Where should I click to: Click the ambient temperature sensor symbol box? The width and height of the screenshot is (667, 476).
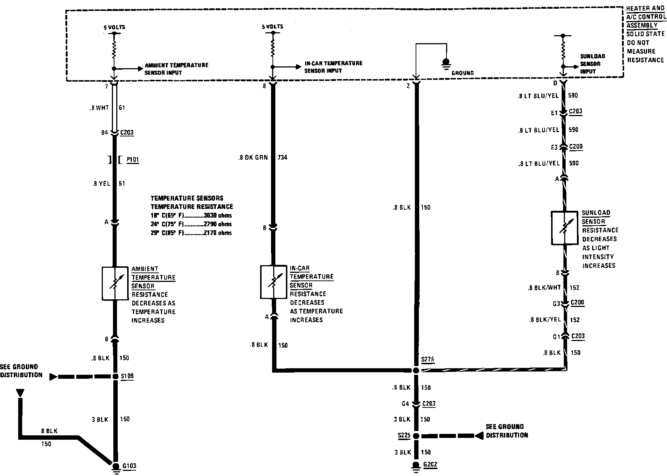pyautogui.click(x=115, y=284)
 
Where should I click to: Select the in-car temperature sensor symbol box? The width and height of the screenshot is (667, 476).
pyautogui.click(x=274, y=282)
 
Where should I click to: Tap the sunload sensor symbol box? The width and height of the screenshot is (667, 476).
pyautogui.click(x=564, y=228)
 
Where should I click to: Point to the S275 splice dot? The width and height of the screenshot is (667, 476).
pyautogui.click(x=416, y=370)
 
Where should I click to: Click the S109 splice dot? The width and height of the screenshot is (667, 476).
pyautogui.click(x=115, y=376)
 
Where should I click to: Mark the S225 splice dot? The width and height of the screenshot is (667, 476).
pyautogui.click(x=416, y=436)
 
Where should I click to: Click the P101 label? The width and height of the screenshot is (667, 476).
pyautogui.click(x=133, y=160)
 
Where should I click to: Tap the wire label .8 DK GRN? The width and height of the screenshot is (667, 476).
pyautogui.click(x=254, y=157)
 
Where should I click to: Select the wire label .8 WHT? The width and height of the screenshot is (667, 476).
pyautogui.click(x=100, y=108)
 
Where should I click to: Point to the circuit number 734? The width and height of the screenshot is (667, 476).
pyautogui.click(x=282, y=157)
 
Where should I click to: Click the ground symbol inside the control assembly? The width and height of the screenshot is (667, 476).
pyautogui.click(x=446, y=62)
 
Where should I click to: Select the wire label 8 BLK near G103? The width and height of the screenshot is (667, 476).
pyautogui.click(x=49, y=431)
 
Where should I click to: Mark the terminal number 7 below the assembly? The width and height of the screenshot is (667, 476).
pyautogui.click(x=106, y=86)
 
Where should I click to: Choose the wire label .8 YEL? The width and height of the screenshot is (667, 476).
pyautogui.click(x=101, y=184)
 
